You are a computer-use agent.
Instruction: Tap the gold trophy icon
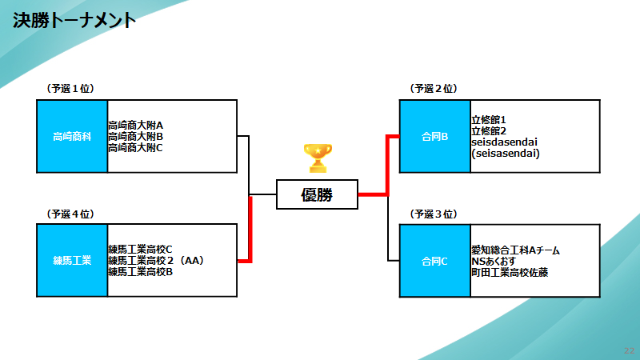pos(318,158)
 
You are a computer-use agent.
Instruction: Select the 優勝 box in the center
pos(317,194)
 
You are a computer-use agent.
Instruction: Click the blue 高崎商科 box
pos(72,136)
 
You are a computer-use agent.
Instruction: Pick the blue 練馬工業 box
pos(72,260)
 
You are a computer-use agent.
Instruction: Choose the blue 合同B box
pos(434,136)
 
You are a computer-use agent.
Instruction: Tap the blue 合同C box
pos(434,261)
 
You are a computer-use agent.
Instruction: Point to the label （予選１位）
pos(71,88)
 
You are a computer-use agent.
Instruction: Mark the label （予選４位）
pos(71,214)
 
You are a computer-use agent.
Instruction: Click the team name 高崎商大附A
pos(136,126)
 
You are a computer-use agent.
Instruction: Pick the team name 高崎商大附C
pos(136,147)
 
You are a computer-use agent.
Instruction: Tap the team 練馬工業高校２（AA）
pos(158,260)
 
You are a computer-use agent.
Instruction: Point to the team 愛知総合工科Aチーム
pos(515,250)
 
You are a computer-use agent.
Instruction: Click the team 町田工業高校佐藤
pos(510,272)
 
